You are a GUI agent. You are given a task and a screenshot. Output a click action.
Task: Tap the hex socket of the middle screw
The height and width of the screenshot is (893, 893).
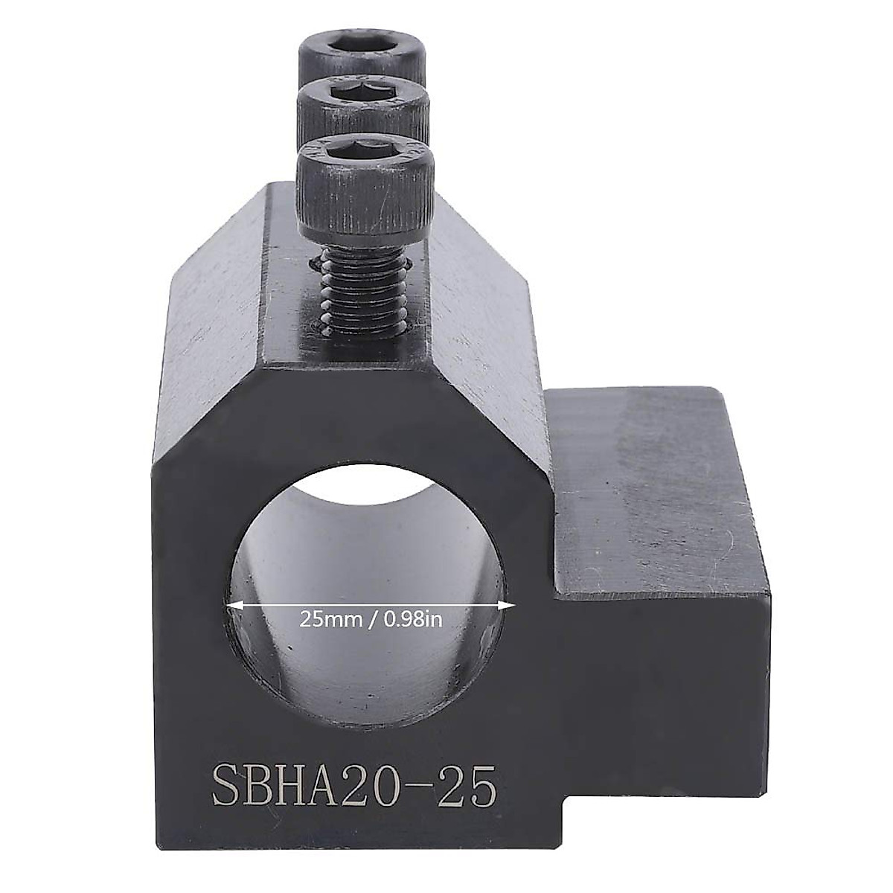(363, 96)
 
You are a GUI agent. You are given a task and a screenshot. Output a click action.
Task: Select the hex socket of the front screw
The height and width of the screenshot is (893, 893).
(365, 150)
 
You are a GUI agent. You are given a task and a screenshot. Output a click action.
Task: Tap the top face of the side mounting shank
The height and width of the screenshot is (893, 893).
(662, 476)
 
